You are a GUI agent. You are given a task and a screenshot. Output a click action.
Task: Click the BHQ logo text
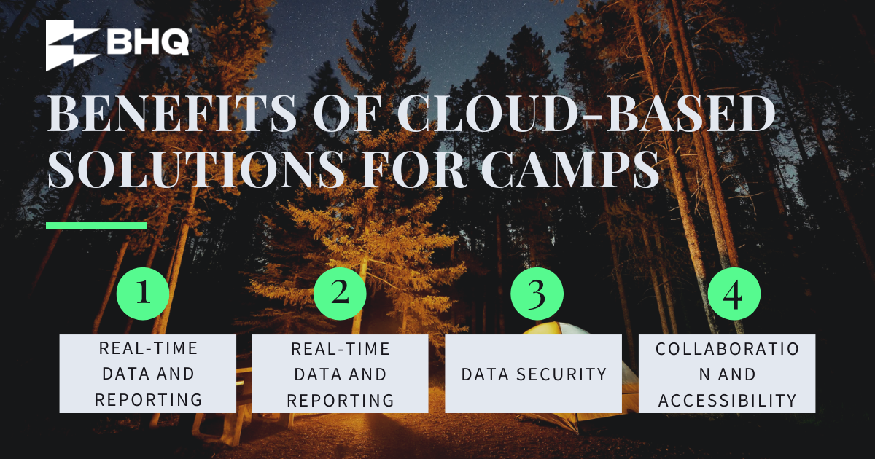tap(148, 42)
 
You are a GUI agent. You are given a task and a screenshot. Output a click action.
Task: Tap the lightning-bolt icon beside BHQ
tap(72, 45)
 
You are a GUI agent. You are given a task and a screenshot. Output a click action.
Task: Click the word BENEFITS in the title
tap(172, 113)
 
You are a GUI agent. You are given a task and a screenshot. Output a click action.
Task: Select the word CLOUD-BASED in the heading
tap(587, 113)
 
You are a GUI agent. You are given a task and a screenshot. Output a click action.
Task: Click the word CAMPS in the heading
tap(571, 168)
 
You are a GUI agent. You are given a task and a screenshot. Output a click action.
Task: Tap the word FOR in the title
tap(414, 168)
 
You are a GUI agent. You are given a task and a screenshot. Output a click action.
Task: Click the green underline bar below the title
tap(96, 226)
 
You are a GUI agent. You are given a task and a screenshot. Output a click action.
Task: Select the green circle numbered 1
tap(143, 294)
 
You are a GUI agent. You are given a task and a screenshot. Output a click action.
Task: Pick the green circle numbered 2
tap(340, 294)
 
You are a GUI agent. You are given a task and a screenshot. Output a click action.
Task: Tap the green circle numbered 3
tap(537, 294)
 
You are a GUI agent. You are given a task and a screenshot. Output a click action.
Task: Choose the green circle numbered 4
tap(734, 294)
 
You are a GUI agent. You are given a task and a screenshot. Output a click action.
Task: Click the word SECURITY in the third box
tap(561, 374)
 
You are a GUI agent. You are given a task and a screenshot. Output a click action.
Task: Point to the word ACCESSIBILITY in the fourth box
tap(728, 401)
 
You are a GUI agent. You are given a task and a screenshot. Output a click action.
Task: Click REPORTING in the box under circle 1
tap(148, 400)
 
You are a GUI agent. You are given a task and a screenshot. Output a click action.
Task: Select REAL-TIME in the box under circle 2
tap(341, 348)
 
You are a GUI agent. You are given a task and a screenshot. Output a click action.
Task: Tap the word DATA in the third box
tap(485, 374)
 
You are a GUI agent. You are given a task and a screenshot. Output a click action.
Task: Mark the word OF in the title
tap(346, 113)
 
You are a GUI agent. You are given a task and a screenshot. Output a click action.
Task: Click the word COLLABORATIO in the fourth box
tap(728, 348)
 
